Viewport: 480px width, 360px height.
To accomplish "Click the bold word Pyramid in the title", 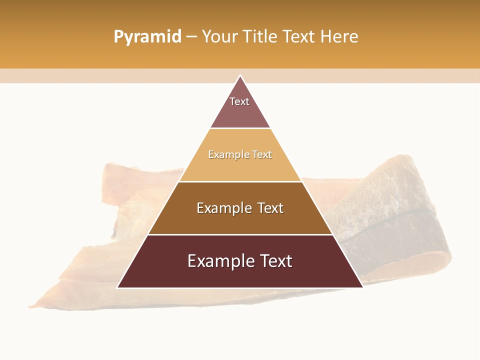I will (x=147, y=37).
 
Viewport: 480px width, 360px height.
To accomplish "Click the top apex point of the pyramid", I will (x=240, y=75).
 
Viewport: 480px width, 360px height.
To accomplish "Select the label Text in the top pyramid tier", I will (x=239, y=101).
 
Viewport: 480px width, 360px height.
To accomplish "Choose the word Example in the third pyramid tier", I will (x=223, y=208).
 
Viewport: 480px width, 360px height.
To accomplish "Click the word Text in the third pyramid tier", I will (x=270, y=208).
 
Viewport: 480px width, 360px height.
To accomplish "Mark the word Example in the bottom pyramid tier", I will (x=218, y=261).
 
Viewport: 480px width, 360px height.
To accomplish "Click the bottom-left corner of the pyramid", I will (x=117, y=287).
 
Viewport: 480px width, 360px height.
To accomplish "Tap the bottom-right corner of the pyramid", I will (x=362, y=287).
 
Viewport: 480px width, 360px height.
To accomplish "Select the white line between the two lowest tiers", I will (x=240, y=234).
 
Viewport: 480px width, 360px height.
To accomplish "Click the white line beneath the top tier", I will (x=240, y=128).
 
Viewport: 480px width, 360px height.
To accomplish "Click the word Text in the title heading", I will (x=299, y=37).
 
